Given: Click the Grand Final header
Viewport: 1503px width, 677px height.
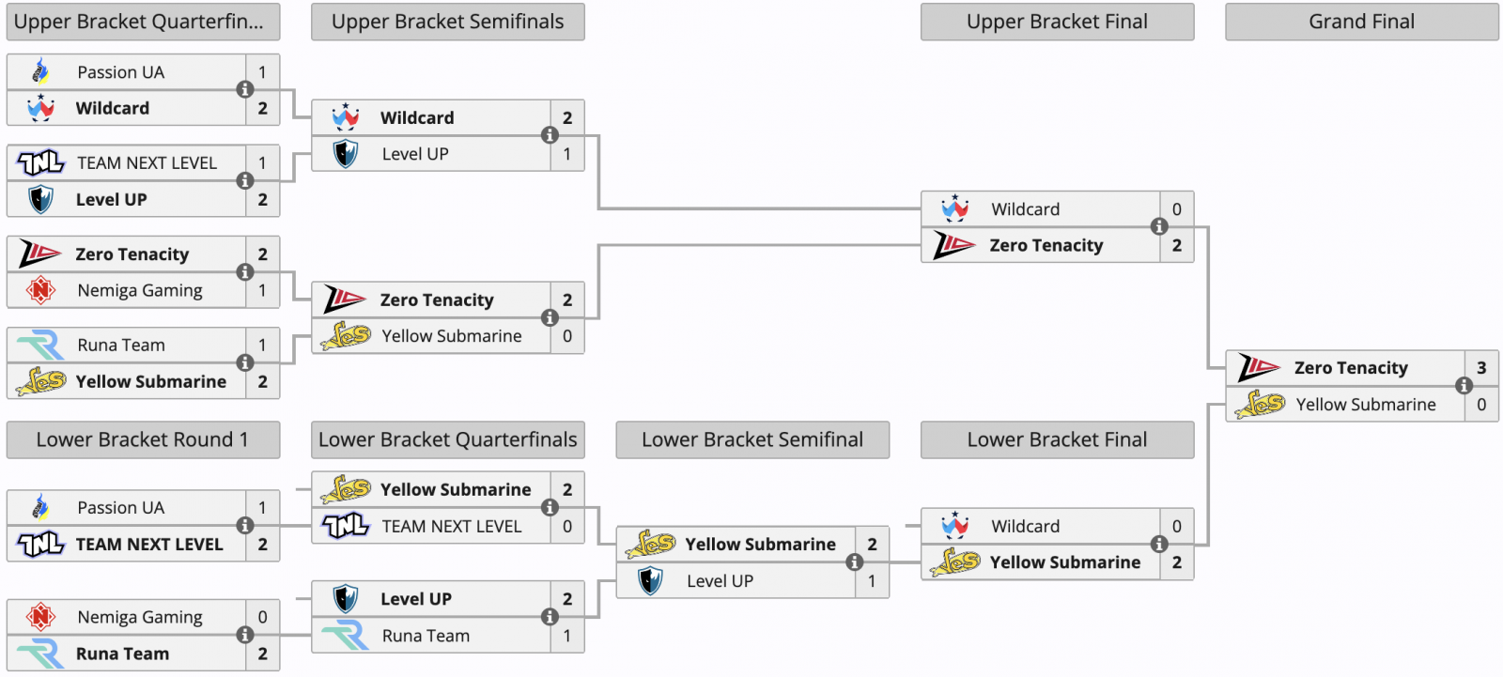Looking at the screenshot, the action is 1361,22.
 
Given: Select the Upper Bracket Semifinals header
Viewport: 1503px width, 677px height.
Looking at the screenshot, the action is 447,22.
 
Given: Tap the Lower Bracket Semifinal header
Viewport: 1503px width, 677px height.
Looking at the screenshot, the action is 752,439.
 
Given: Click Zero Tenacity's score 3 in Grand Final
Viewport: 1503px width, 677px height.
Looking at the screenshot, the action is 1481,368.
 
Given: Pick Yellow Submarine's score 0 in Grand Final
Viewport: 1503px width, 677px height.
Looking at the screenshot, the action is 1481,404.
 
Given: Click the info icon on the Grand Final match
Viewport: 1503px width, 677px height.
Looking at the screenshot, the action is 1464,386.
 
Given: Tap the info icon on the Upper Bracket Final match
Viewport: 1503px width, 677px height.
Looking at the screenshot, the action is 1159,227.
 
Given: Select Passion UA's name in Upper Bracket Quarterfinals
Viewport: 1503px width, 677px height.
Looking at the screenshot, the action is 121,71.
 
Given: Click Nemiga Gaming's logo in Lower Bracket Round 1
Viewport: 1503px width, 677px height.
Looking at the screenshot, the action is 40,617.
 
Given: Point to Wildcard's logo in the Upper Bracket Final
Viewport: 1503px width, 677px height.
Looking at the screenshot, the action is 954,208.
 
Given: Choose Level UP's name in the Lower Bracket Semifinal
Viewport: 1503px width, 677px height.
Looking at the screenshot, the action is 720,580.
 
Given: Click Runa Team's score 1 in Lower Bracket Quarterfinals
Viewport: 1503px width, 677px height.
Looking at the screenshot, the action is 567,636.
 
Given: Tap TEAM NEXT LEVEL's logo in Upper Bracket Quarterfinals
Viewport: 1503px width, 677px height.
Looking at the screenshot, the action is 40,163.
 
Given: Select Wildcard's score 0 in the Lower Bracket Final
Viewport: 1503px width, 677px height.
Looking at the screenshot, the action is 1177,526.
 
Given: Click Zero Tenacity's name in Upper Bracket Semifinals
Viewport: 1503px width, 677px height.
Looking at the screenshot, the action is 437,300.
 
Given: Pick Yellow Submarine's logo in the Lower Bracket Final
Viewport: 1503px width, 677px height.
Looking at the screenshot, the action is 954,562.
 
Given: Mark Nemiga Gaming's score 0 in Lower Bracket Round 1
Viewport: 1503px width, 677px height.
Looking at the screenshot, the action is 262,617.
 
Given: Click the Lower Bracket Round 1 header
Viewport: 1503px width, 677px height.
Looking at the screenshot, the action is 142,439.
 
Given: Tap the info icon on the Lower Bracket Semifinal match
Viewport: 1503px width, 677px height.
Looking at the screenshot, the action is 854,562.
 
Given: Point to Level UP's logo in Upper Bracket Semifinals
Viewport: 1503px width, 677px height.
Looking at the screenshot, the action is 346,154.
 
